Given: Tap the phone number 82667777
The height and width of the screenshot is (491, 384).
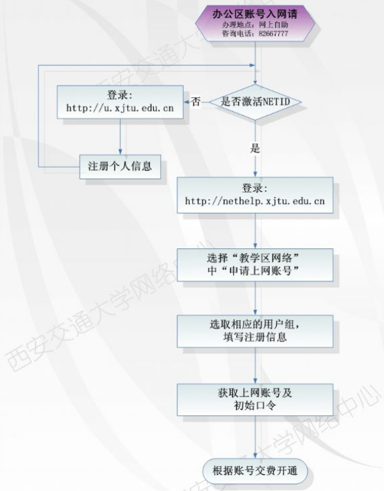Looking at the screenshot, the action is [x=273, y=33].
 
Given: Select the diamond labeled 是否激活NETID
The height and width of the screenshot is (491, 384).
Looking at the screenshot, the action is [x=256, y=102].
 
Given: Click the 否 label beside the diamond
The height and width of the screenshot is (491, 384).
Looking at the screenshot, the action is [x=196, y=102].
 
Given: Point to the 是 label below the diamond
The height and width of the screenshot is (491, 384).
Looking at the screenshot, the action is [x=256, y=148].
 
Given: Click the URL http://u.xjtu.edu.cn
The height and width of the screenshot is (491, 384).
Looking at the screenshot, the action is [x=120, y=108].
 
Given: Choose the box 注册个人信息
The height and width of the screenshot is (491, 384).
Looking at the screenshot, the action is [x=120, y=166].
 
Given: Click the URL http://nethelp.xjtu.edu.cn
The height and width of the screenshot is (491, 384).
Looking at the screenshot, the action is [x=255, y=201].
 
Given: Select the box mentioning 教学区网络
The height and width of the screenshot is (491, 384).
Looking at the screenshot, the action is [x=255, y=265].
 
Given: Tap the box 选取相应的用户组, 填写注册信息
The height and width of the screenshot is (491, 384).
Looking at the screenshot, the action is [x=255, y=331].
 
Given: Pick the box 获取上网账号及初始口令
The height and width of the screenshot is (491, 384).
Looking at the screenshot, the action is [x=255, y=400].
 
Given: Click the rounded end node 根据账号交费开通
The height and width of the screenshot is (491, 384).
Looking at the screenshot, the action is [x=255, y=471].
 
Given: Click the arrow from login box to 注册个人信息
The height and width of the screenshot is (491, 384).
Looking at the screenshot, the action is [x=120, y=136].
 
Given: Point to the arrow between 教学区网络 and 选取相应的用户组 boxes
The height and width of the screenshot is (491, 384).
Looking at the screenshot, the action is [x=256, y=298].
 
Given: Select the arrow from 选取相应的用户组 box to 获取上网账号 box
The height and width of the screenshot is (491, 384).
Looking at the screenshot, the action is [x=256, y=366].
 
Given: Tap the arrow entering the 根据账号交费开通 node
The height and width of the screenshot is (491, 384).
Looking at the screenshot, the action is [x=256, y=438].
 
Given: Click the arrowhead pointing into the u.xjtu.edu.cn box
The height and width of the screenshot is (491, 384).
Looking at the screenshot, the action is [x=186, y=102].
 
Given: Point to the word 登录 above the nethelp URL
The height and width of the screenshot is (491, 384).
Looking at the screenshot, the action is [x=255, y=188].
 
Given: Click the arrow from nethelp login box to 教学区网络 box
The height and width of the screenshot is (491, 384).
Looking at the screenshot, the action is [x=256, y=231].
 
